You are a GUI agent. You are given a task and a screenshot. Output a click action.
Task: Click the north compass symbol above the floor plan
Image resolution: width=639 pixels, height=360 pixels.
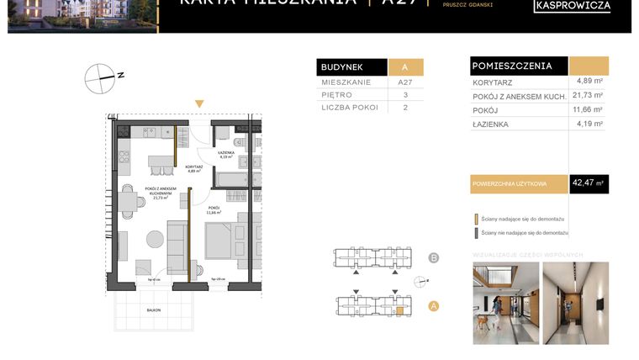coord(100,77)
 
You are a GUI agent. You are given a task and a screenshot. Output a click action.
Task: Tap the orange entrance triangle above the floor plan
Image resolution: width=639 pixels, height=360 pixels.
coord(199,104)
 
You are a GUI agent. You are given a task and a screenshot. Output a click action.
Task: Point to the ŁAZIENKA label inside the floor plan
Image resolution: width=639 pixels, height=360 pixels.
coord(226,153)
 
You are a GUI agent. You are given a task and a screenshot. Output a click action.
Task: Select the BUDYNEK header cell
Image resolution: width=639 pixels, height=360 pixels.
coord(351,67)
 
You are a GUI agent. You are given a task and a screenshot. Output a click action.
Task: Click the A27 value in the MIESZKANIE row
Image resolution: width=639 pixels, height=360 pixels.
coord(405,83)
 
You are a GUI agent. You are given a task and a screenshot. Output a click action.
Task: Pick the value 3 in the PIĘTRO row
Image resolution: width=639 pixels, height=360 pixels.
coord(405,95)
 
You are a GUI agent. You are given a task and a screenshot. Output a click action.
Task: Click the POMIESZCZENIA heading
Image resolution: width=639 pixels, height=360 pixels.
coord(512,66)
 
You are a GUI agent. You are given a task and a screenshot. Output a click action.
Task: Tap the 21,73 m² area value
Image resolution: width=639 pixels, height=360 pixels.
coord(588,95)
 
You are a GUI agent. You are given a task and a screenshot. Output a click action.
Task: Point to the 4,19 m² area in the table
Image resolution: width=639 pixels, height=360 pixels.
coord(588,124)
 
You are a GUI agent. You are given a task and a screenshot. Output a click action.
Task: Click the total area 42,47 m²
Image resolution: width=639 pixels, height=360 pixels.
coord(588,183)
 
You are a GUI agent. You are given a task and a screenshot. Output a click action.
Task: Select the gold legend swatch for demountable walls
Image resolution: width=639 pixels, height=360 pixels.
coord(476,218)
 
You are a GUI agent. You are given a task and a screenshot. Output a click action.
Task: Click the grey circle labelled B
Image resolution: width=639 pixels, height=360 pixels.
coord(434,258)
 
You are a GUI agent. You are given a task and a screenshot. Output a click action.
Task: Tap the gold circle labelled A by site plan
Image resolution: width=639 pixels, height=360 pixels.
coord(434,306)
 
